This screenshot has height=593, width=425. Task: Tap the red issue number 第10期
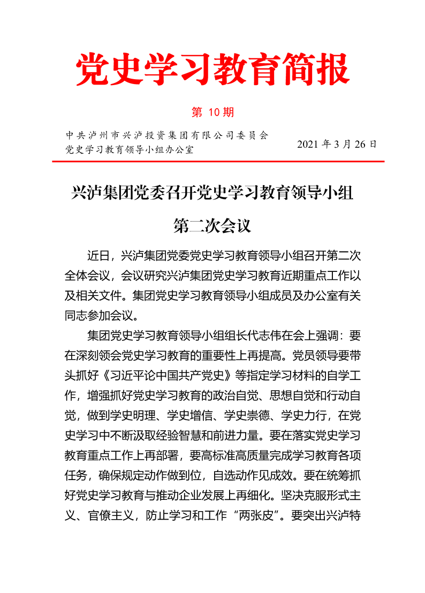click(212, 112)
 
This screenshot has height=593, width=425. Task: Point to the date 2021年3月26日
click(337, 144)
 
